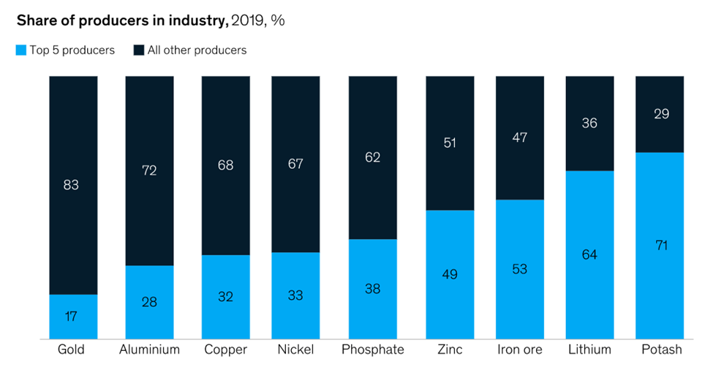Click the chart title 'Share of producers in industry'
tap(117, 20)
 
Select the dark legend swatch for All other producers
tap(139, 50)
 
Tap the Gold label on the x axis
tap(71, 350)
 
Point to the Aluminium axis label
tap(149, 350)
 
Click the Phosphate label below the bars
tap(372, 350)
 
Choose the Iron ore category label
tap(519, 350)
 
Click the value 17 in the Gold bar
tap(71, 317)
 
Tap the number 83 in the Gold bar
tap(71, 185)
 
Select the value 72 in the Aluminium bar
tap(149, 170)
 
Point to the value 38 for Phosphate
tap(372, 288)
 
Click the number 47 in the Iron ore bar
tap(519, 137)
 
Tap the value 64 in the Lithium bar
tap(589, 254)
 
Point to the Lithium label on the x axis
tap(589, 350)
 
